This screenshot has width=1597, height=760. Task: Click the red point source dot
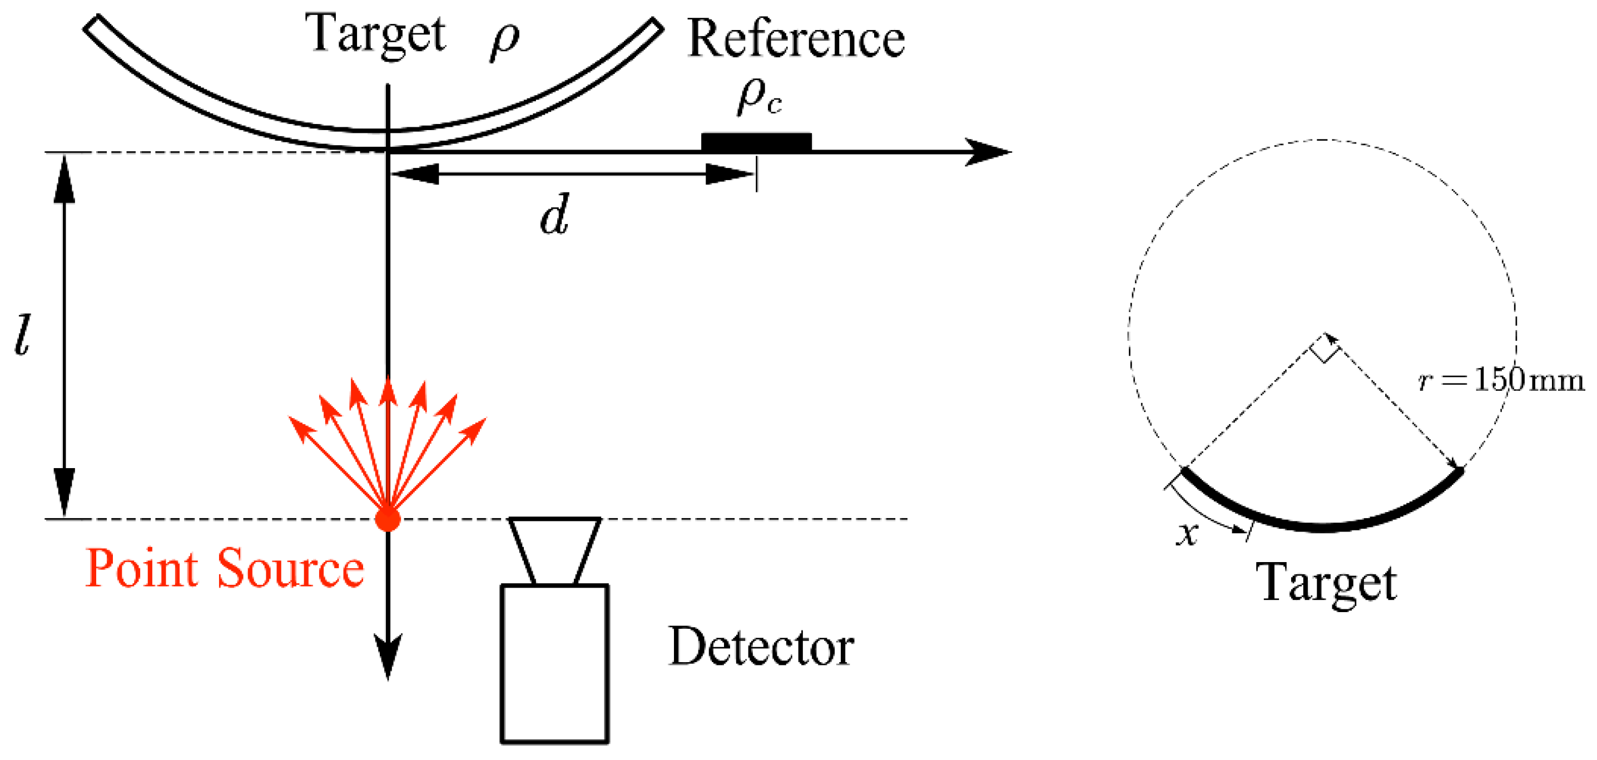388,519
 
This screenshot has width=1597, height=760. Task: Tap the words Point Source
225,568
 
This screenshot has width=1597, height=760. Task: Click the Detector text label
761,647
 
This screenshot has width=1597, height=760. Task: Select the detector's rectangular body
554,663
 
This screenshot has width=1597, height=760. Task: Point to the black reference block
756,142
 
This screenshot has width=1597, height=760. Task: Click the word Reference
796,39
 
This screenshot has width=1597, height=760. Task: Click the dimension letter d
554,216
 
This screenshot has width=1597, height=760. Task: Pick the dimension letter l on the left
22,335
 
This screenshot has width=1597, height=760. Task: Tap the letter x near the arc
1187,534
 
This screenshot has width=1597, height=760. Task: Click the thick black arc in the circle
1323,527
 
